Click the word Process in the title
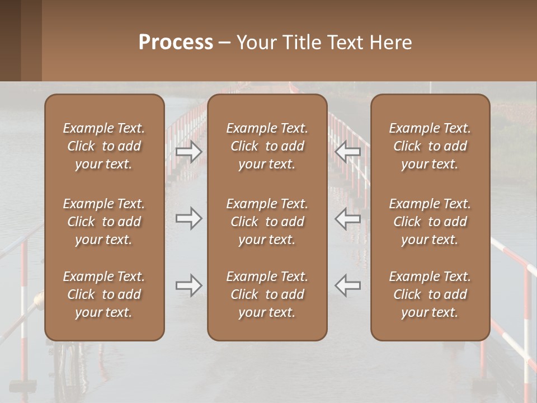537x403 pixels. pos(176,43)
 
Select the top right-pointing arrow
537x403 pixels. pos(189,151)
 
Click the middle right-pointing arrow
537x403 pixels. pos(189,218)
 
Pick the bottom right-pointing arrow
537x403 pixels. pos(189,285)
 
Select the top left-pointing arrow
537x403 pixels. pos(348,151)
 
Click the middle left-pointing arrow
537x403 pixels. pos(348,218)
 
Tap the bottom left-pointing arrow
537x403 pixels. pos(348,285)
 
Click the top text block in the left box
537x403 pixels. pos(104,146)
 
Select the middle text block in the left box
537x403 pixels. pos(104,222)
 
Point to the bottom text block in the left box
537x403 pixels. pos(104,294)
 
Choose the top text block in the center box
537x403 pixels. pos(267,146)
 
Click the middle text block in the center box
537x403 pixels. pos(267,222)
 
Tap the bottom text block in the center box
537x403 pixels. pos(267,294)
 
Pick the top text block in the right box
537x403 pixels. pos(430,146)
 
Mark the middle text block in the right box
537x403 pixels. pos(430,222)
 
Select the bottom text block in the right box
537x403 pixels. pos(430,294)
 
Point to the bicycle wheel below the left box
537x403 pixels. pos(66,369)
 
